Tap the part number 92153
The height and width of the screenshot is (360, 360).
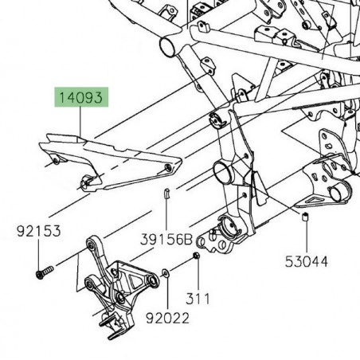[x=38, y=233]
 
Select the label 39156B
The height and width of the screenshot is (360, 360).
[x=166, y=239]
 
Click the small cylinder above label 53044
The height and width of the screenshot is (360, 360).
[x=306, y=217]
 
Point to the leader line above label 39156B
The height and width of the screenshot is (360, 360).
[x=166, y=215]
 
